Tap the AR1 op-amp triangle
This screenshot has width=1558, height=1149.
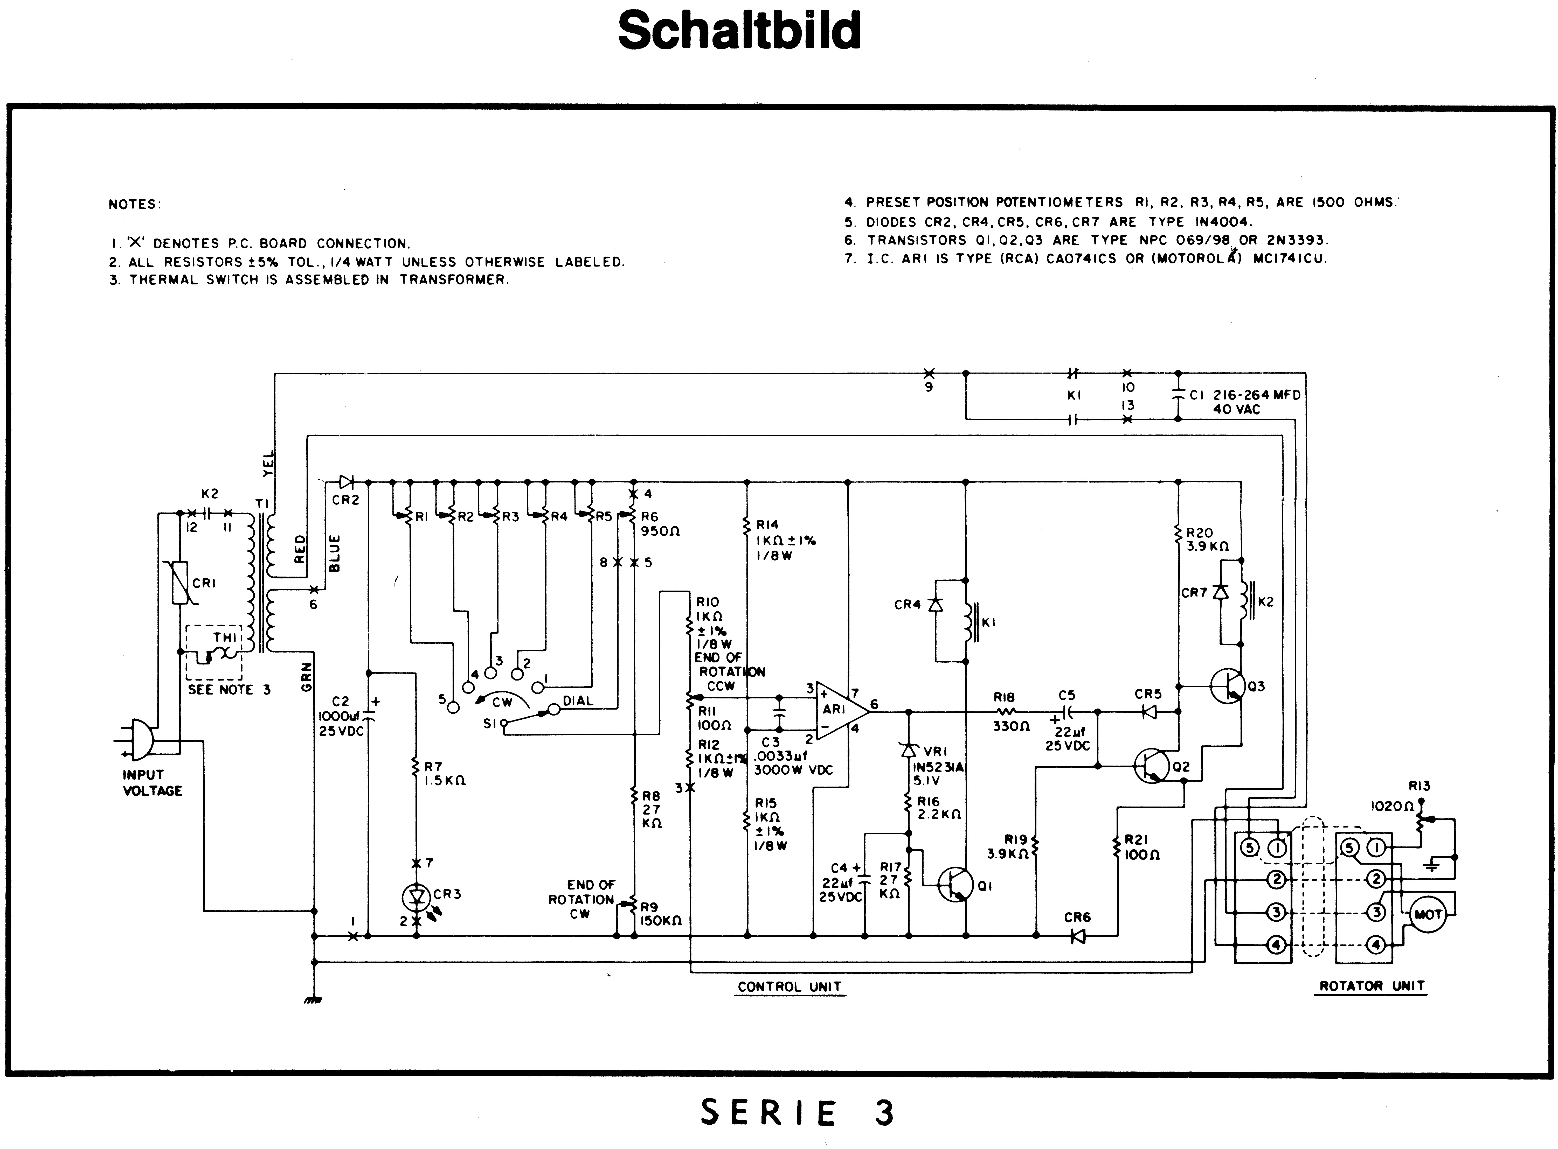point(841,709)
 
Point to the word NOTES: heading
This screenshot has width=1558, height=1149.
point(134,205)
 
